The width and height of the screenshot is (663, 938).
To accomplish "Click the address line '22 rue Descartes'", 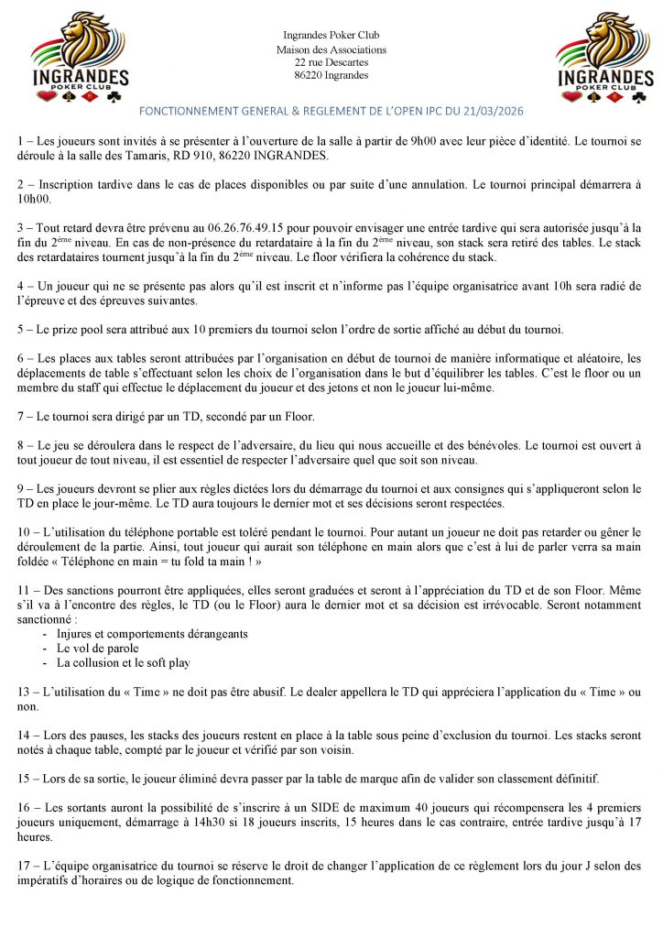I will click(331, 62).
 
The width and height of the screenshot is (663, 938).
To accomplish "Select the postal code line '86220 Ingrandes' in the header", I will click(331, 75).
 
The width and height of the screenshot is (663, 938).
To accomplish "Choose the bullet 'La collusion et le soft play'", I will click(124, 661).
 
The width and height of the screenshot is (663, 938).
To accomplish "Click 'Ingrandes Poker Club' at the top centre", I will click(331, 35).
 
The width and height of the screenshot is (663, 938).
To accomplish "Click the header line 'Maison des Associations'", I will click(331, 49).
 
